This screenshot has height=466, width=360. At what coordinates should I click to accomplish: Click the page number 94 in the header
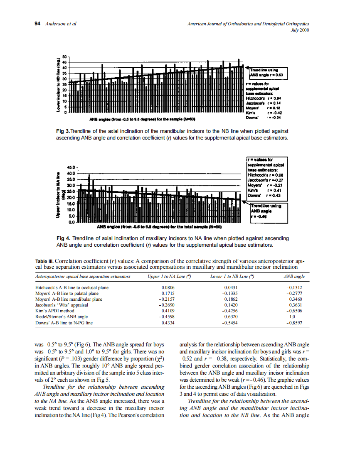point(37,24)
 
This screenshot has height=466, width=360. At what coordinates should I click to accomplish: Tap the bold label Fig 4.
point(63,239)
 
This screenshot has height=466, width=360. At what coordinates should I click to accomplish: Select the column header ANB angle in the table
point(294,276)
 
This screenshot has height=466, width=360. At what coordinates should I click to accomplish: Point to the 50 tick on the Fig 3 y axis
point(64,56)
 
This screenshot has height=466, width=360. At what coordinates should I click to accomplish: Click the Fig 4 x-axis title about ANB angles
point(160,227)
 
